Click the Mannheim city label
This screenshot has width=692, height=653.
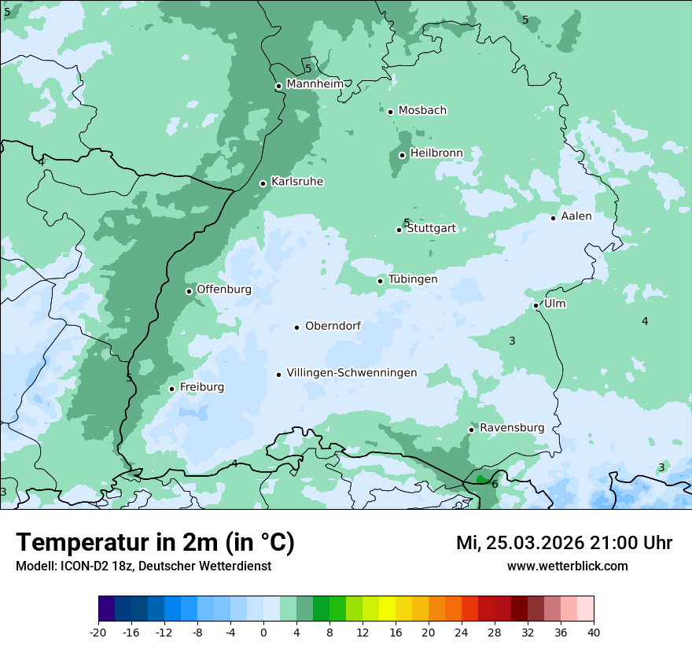[x=315, y=84]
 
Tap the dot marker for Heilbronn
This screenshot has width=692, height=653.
[x=402, y=155]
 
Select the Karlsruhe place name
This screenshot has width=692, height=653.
[x=296, y=182]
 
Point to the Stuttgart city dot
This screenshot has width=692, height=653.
[x=399, y=230]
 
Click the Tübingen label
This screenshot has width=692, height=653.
[x=412, y=279]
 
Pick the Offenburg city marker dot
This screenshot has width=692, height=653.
[x=189, y=291]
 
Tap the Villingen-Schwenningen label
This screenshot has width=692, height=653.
[x=352, y=373]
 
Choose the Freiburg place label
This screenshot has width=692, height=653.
[x=201, y=387]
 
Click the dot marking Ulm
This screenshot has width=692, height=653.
[x=536, y=305]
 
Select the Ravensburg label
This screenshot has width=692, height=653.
[x=511, y=428]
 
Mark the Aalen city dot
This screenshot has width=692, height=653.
[x=553, y=218]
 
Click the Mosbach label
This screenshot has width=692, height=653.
[x=422, y=111]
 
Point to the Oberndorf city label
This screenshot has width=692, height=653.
[x=333, y=326]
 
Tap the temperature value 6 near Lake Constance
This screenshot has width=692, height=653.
[x=495, y=484]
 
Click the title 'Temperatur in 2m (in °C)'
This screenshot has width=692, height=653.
[x=155, y=542]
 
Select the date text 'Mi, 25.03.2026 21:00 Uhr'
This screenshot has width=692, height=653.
[x=564, y=543]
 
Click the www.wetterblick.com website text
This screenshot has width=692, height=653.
[x=567, y=566]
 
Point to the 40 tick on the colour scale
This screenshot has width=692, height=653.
[x=594, y=633]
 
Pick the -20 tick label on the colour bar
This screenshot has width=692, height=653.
[x=98, y=633]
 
